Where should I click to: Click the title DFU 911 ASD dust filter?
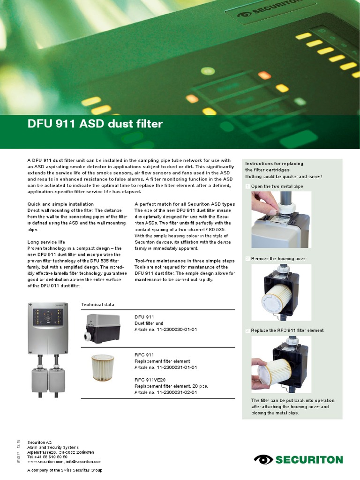click(x=95, y=124)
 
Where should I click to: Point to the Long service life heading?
click(x=46, y=242)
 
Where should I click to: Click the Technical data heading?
click(x=97, y=305)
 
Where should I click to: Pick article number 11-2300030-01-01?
click(x=166, y=330)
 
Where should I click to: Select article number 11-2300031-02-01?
click(x=165, y=392)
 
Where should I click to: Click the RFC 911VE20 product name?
click(x=150, y=380)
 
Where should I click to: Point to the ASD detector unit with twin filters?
click(x=49, y=349)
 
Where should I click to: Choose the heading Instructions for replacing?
click(x=274, y=164)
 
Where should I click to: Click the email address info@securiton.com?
click(x=84, y=462)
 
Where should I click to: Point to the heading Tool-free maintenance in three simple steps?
click(x=185, y=261)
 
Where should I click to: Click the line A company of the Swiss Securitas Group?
click(x=65, y=470)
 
